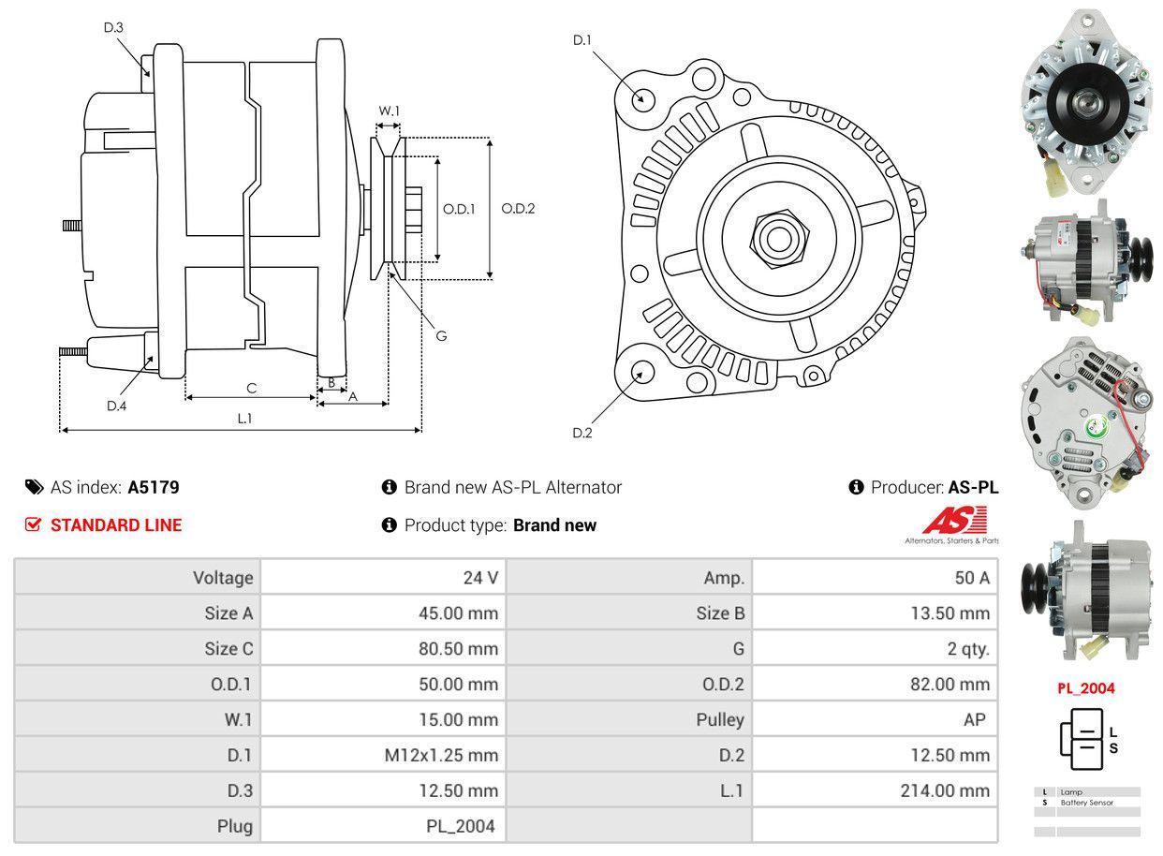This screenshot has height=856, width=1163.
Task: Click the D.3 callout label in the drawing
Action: tap(113, 28)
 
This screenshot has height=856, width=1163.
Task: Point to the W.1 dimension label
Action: tap(389, 111)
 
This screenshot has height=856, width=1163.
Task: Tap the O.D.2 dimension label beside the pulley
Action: tap(518, 209)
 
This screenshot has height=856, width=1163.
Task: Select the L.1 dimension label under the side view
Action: tap(244, 419)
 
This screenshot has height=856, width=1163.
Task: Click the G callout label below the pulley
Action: tap(441, 335)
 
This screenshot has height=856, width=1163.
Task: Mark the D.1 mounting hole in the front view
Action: tap(642, 98)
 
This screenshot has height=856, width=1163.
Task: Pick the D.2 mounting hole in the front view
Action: tap(642, 372)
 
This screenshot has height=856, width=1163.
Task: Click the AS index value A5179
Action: tap(154, 487)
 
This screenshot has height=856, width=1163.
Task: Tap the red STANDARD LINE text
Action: tap(116, 525)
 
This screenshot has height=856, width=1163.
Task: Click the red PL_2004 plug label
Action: tap(1086, 688)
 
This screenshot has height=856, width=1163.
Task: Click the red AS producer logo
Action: tap(954, 521)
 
